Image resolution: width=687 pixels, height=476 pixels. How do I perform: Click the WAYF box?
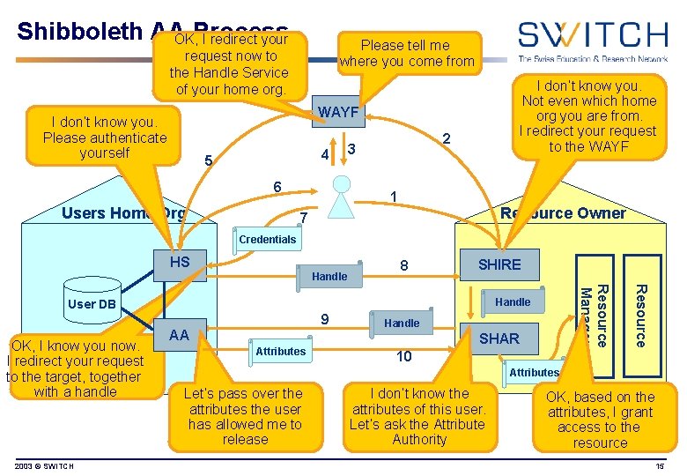coord(338,113)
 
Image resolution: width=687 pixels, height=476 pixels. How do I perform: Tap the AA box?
coord(179,335)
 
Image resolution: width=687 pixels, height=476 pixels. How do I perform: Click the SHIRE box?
coord(499,264)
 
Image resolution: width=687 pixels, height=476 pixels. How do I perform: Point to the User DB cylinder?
coord(92,305)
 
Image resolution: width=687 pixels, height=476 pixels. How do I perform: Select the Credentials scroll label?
coord(267,240)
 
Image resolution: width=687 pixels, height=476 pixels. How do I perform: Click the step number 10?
coord(403,356)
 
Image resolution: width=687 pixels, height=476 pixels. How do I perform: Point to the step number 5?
coord(208,161)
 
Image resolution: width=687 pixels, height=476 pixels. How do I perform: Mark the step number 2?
coord(447,140)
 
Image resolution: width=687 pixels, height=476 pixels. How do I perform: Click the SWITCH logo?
coord(591,39)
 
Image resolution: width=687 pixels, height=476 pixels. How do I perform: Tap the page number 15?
coord(660,465)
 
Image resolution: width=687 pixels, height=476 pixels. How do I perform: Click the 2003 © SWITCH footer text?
coord(44,465)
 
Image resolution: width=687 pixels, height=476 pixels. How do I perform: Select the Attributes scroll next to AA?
coord(280,352)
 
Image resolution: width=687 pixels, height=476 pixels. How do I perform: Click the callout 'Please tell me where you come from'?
coord(406,53)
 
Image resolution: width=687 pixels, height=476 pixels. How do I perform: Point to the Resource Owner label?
coord(563,213)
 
